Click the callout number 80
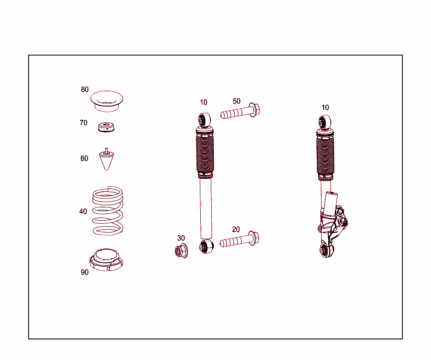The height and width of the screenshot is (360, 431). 85,90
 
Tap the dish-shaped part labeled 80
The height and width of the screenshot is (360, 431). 107,101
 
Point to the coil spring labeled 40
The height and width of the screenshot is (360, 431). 108,211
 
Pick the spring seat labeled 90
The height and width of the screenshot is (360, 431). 107,259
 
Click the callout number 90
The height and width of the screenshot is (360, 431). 85,272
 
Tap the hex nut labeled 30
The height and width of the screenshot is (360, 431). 181,251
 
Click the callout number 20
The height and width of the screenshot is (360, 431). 236,229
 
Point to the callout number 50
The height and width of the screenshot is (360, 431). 237,101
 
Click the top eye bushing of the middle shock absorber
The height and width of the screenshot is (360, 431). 205,119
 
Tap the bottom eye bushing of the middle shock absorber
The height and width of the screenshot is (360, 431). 206,247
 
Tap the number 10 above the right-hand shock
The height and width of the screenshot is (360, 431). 325,108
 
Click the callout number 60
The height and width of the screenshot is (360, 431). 84,159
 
